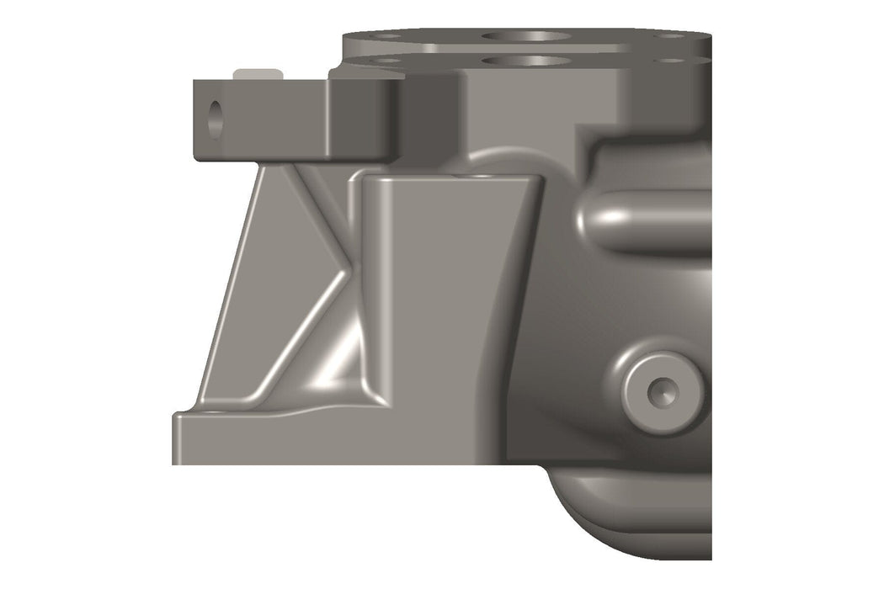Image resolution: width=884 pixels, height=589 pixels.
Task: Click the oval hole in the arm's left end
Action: (x=216, y=119)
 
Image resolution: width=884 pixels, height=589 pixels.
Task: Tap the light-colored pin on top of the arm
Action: (x=258, y=74)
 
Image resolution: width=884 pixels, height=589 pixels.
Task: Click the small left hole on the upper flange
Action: (x=386, y=36)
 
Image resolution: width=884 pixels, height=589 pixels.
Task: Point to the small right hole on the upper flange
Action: (x=671, y=35)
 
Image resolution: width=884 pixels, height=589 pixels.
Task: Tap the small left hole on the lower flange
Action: (x=386, y=61)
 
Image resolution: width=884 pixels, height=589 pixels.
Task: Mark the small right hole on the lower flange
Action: (x=671, y=61)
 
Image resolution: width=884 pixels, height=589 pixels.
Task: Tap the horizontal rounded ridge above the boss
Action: (x=648, y=220)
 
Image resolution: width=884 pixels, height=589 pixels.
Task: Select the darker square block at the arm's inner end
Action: (x=363, y=118)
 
